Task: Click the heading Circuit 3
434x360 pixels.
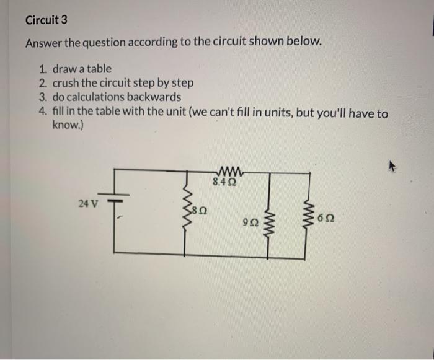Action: [46, 20]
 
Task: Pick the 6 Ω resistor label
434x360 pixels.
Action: [325, 219]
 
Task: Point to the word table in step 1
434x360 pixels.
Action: [99, 69]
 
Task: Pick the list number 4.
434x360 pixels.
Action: [42, 113]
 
